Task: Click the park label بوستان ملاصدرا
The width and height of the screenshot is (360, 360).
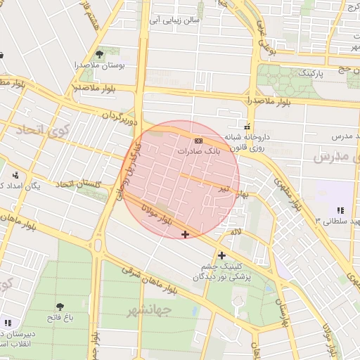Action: point(100,65)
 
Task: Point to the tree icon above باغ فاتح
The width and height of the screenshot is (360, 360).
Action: point(59,307)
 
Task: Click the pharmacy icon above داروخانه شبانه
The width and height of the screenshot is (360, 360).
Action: point(247,127)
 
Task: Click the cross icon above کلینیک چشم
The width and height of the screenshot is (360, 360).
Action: point(222,255)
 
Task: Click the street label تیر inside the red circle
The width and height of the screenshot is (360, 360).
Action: point(223,188)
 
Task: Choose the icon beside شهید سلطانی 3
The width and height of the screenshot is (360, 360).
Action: point(340,210)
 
